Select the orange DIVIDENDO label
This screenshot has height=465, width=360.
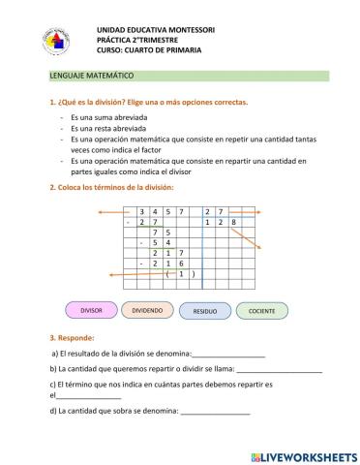point(148,311)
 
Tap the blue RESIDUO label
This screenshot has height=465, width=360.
point(205,312)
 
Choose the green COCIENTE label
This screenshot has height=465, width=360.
point(262,311)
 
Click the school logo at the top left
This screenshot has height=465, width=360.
point(55,41)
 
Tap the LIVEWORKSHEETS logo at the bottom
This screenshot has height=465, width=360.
point(303,454)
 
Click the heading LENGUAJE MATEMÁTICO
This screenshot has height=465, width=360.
point(91,75)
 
